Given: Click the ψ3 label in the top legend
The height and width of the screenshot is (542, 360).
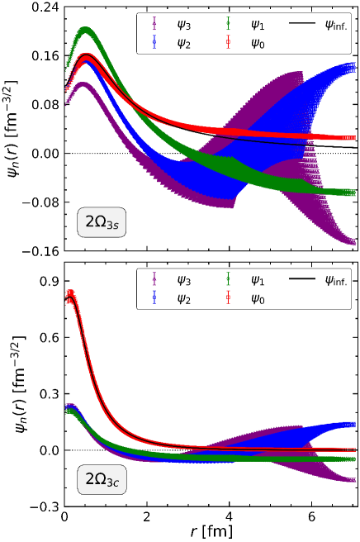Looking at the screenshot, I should tap(184, 26).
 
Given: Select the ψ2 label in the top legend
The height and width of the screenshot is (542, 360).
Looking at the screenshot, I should tap(184, 44).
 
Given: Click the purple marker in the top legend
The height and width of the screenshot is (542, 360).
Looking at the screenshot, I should tap(154, 26).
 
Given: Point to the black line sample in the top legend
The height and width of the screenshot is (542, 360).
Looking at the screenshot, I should tap(303, 26).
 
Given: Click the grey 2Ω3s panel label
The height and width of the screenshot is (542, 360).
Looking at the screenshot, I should tap(102, 222).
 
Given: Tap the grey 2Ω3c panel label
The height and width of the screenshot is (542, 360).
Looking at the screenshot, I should tap(102, 479).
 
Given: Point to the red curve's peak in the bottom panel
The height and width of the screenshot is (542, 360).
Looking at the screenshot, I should tap(71, 293).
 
